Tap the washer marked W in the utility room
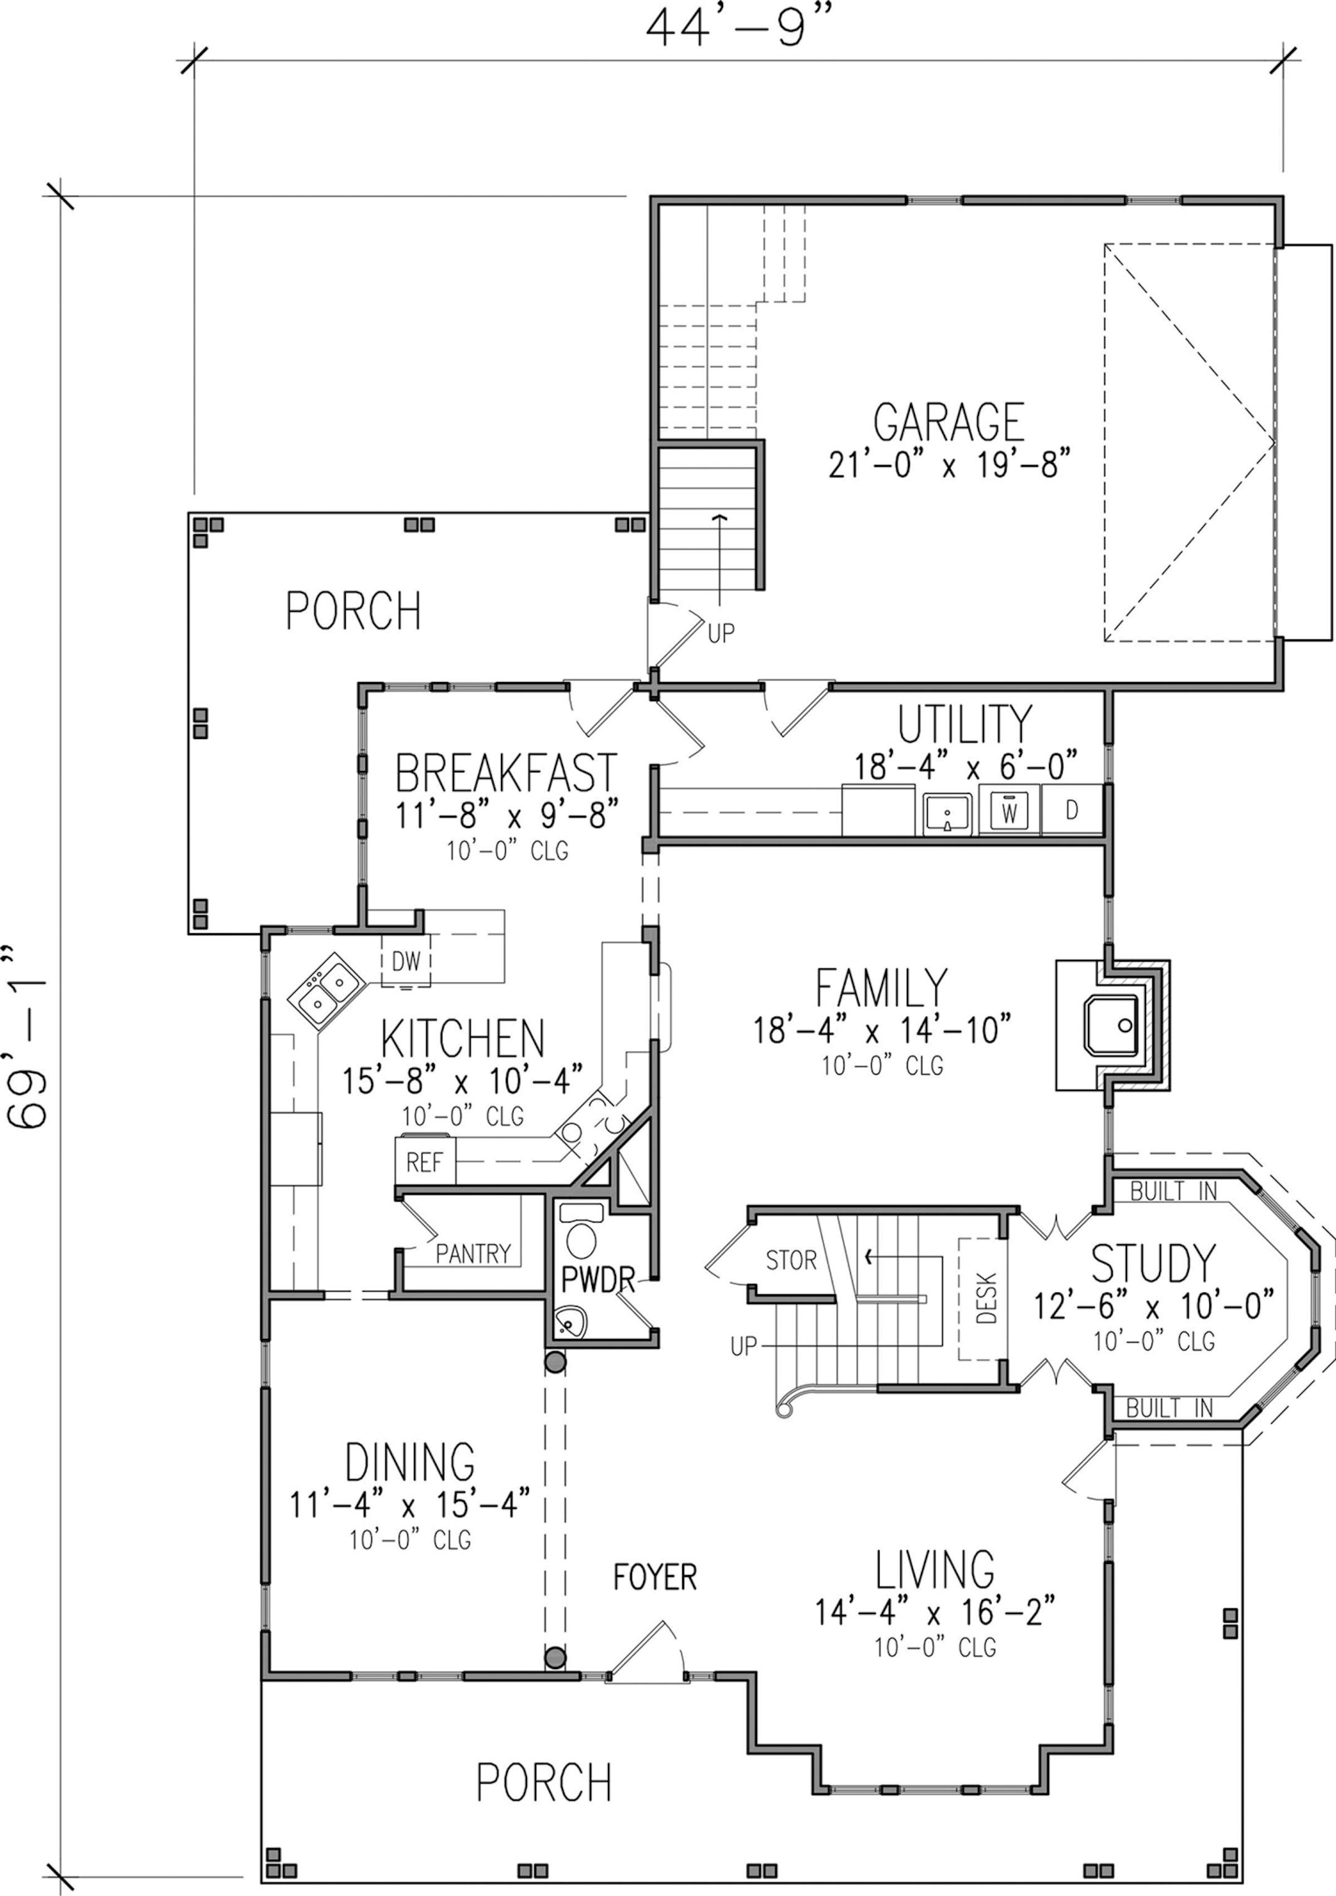pyautogui.click(x=1009, y=809)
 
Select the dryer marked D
pyautogui.click(x=1072, y=809)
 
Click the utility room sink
pyautogui.click(x=948, y=813)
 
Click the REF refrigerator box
pyautogui.click(x=424, y=1162)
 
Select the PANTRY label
pyautogui.click(x=473, y=1254)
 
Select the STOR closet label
pyautogui.click(x=791, y=1260)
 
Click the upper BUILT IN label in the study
pyautogui.click(x=1173, y=1191)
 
